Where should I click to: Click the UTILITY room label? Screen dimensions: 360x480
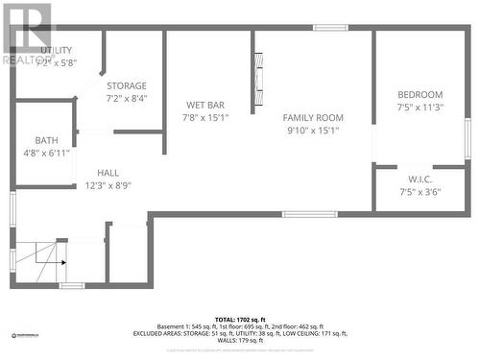click(56, 50)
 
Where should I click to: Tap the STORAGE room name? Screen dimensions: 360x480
click(127, 85)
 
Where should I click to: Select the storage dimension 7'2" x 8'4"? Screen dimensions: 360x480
click(127, 97)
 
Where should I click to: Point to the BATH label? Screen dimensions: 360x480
click(46, 140)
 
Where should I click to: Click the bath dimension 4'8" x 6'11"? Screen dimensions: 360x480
click(46, 153)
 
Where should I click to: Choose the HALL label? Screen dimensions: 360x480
click(108, 173)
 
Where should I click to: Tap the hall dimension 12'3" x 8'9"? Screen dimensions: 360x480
click(108, 185)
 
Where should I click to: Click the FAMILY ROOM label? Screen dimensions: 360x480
click(313, 117)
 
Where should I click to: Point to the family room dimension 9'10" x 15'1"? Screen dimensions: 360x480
click(313, 131)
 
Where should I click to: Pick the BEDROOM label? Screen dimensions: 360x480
click(420, 94)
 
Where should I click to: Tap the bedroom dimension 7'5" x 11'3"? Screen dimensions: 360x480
click(420, 108)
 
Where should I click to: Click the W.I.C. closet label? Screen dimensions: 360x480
click(420, 179)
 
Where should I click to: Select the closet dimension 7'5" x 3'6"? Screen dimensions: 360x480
click(420, 192)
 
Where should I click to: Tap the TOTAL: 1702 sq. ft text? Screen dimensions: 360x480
click(239, 319)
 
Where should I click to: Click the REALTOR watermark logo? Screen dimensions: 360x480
click(28, 34)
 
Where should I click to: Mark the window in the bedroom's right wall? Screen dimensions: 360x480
click(468, 137)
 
